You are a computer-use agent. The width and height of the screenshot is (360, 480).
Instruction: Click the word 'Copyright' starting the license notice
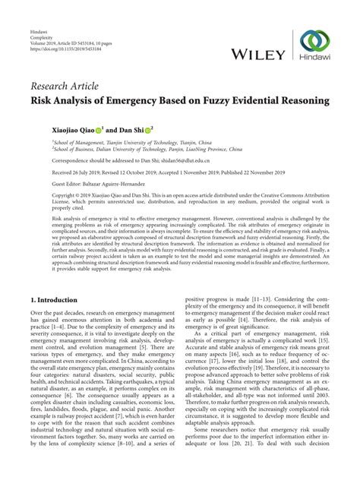pyautogui.click(x=45, y=194)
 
